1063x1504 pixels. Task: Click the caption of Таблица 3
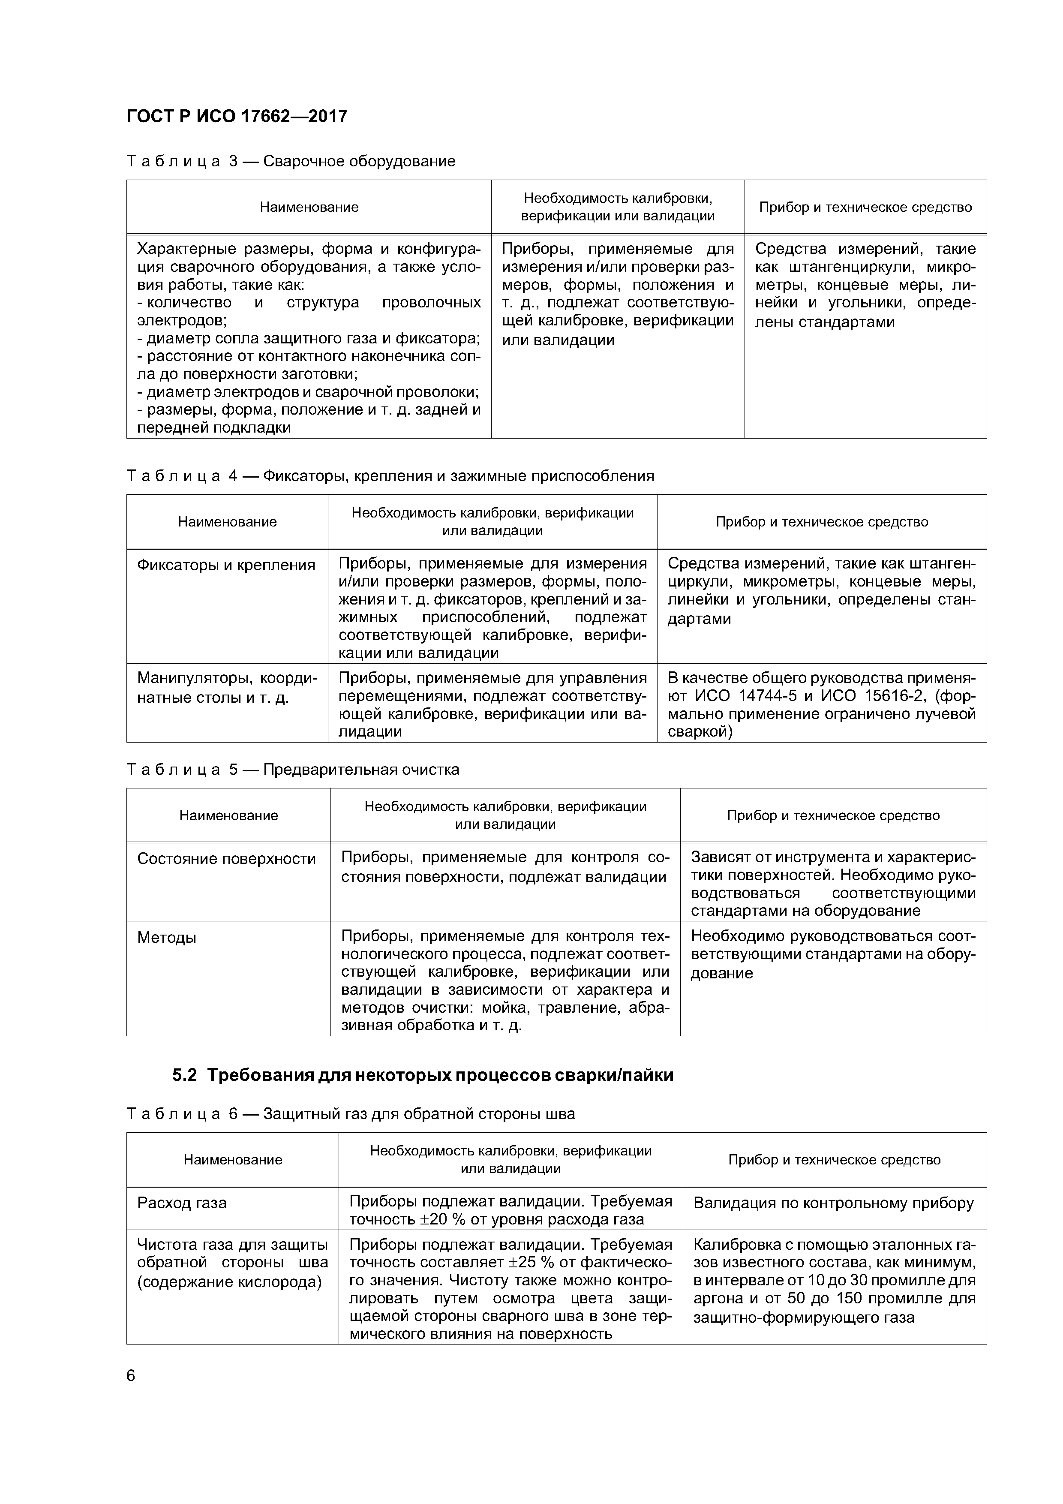click(x=291, y=161)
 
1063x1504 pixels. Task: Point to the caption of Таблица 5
click(x=293, y=769)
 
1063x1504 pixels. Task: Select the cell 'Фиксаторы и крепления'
click(x=226, y=566)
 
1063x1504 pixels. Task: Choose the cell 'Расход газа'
click(x=182, y=1203)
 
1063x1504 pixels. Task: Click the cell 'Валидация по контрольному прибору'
click(x=833, y=1203)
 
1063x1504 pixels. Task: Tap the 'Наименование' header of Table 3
click(x=309, y=207)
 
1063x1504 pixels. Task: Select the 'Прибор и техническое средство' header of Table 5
click(x=833, y=815)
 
